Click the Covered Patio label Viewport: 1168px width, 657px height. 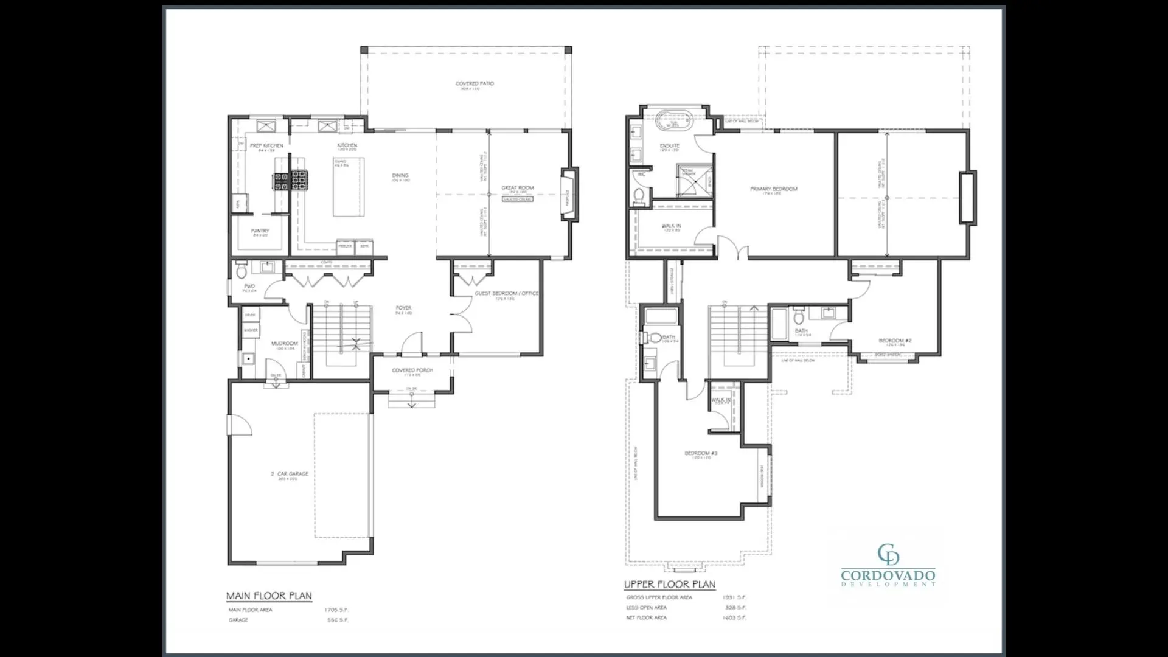click(x=474, y=84)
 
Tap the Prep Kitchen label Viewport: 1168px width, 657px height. click(x=266, y=146)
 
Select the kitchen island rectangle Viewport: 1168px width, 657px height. click(x=349, y=187)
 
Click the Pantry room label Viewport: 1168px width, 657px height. click(x=260, y=231)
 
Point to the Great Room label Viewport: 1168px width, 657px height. click(x=517, y=188)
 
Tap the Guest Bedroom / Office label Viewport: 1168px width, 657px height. click(x=506, y=294)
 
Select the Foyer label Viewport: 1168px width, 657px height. click(x=403, y=308)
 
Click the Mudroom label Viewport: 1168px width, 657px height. click(x=284, y=344)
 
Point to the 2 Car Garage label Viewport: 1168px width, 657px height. click(x=290, y=474)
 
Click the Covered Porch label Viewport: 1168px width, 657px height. click(x=412, y=370)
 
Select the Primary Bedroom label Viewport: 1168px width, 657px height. click(x=773, y=189)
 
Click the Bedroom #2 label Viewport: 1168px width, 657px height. click(x=895, y=341)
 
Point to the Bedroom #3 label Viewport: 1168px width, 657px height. click(x=701, y=453)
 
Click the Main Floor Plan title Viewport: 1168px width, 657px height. click(x=269, y=596)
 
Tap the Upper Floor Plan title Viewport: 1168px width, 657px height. click(x=669, y=585)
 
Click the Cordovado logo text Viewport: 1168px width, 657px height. click(x=888, y=575)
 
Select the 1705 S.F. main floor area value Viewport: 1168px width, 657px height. click(x=336, y=610)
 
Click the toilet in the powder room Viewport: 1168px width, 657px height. click(x=242, y=268)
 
